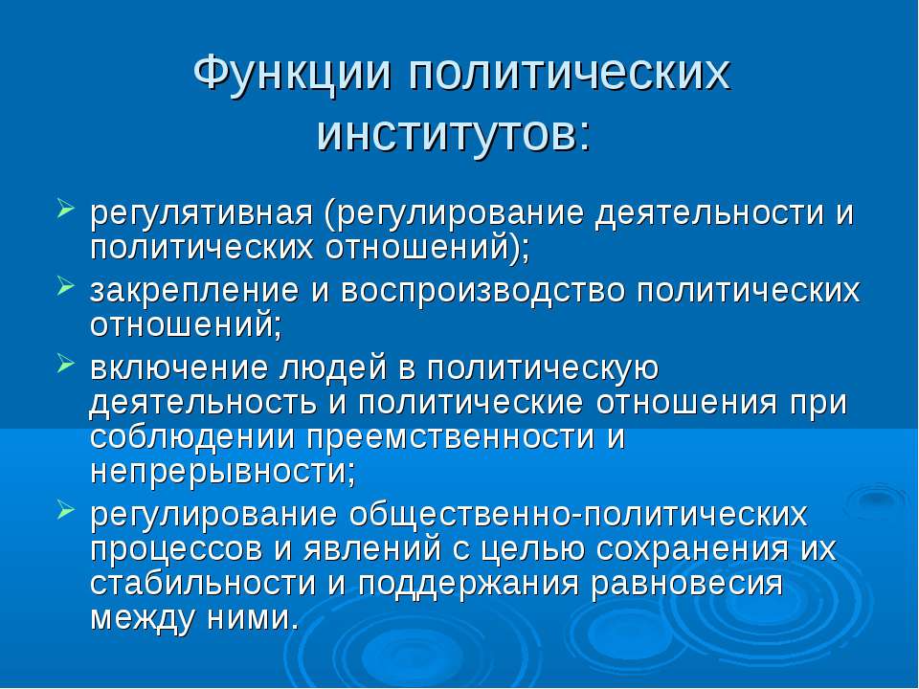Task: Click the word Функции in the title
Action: coord(291,75)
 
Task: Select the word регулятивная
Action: coord(202,213)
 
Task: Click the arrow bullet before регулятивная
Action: coord(66,208)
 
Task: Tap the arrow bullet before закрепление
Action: coord(66,286)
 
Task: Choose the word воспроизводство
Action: coord(482,291)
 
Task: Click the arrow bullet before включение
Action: coord(66,364)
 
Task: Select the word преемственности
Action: coord(450,437)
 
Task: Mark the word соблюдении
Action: coord(191,437)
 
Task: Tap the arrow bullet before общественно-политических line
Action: coord(66,510)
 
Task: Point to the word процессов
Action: coord(176,549)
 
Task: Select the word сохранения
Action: coord(691,549)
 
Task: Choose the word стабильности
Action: coord(203,584)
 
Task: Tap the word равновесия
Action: coord(686,585)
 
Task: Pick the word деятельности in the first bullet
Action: coord(709,213)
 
